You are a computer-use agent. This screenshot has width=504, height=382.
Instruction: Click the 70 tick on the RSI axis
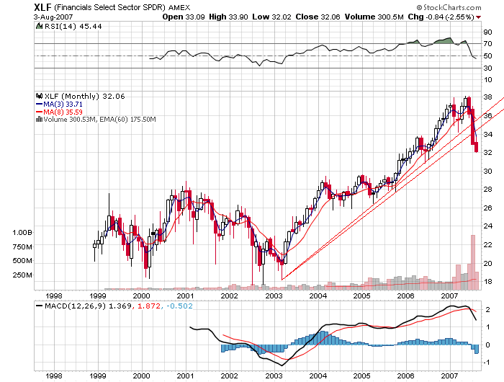[x=487, y=44]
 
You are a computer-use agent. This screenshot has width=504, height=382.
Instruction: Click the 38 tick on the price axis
[x=487, y=97]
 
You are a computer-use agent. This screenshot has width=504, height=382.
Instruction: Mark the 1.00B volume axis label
[x=22, y=233]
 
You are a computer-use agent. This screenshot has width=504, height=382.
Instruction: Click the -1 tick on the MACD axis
[x=487, y=362]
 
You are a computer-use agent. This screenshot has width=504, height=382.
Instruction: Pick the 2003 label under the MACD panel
[x=274, y=376]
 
